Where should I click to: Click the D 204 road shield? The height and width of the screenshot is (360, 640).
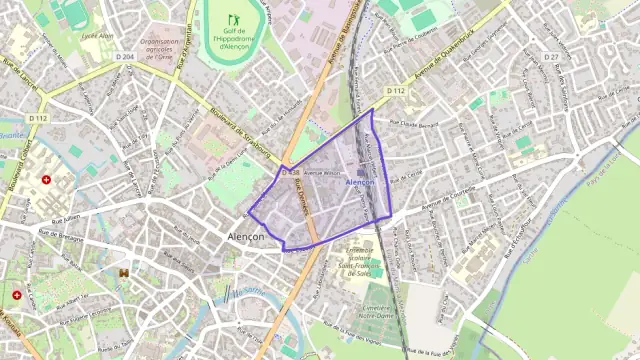pos(124,57)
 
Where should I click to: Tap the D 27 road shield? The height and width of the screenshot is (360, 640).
pos(551,57)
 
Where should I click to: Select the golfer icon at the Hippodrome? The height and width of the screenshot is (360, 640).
pos(234,19)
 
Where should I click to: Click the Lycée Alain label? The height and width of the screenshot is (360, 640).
pos(97,35)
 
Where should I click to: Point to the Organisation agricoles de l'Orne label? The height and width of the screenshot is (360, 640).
pos(165,49)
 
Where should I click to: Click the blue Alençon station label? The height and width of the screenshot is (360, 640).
pos(359,183)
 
